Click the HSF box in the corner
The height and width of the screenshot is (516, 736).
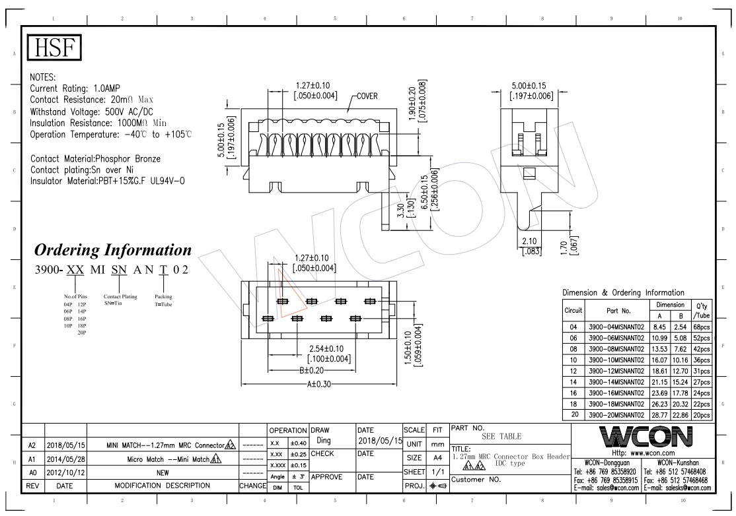click(x=54, y=48)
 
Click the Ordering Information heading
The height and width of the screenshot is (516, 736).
click(x=113, y=250)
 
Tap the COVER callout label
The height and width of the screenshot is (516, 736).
click(x=367, y=96)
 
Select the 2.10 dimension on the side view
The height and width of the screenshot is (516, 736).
click(x=529, y=242)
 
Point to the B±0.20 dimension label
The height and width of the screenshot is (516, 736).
click(x=312, y=370)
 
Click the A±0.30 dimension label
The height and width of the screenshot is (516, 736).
click(x=319, y=384)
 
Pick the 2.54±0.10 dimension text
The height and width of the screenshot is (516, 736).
click(x=326, y=348)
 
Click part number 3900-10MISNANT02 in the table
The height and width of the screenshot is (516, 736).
click(x=616, y=360)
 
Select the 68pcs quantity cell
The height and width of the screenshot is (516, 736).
click(x=702, y=327)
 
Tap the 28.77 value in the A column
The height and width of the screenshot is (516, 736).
click(x=659, y=415)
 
